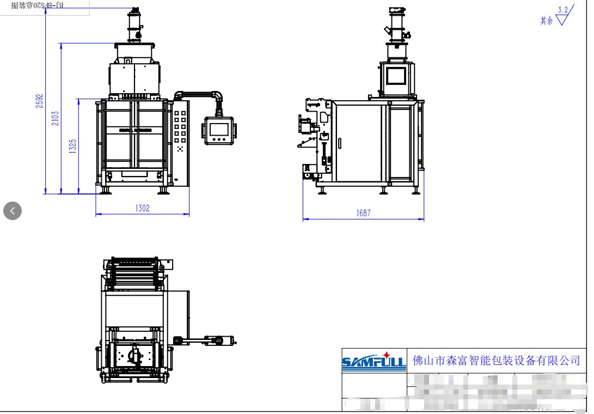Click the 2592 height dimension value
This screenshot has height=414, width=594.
(x=40, y=100)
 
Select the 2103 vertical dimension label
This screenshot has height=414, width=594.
(x=56, y=119)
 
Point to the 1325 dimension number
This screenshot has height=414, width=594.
(x=73, y=146)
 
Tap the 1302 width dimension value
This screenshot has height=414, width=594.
(x=143, y=208)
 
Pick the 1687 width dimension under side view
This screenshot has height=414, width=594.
(x=364, y=213)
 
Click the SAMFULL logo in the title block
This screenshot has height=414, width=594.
(x=373, y=361)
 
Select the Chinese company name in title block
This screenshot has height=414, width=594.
(x=496, y=360)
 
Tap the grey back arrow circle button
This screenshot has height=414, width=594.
(x=13, y=211)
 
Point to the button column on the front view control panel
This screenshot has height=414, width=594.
(x=180, y=129)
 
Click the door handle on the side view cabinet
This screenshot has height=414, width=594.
(x=340, y=143)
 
